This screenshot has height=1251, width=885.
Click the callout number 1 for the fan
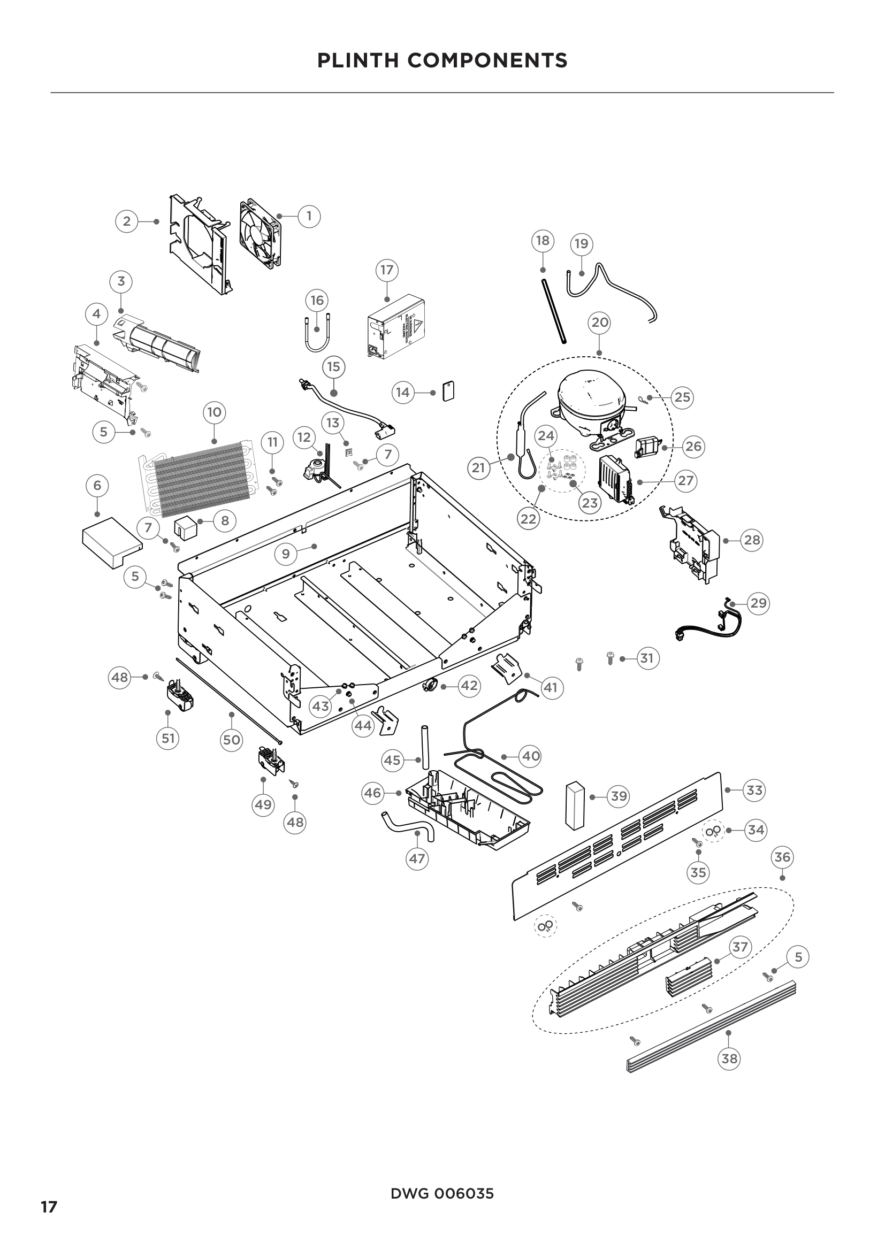309,216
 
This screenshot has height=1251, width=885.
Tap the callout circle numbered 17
387,270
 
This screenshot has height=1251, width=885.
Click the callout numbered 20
599,323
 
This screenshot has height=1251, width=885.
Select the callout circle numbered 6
97,485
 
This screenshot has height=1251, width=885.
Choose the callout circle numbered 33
754,790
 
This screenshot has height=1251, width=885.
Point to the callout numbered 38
729,1058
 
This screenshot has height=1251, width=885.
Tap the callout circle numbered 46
373,793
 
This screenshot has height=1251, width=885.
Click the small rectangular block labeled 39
574,806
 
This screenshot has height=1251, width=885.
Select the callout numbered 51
168,738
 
